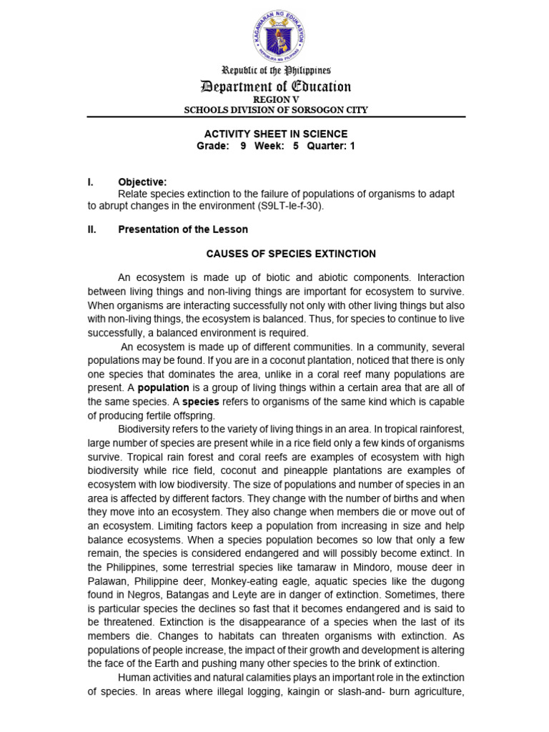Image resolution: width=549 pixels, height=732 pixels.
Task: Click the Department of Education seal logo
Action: click(x=276, y=36)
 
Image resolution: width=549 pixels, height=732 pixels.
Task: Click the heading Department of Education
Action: click(x=276, y=87)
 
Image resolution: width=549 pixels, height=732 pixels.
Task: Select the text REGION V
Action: click(x=276, y=99)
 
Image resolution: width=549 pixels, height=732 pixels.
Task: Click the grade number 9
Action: click(x=243, y=146)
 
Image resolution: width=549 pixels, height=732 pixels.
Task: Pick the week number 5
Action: click(x=295, y=146)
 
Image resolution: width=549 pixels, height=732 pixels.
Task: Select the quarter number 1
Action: click(x=352, y=146)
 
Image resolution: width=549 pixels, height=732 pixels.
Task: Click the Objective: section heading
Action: click(x=142, y=182)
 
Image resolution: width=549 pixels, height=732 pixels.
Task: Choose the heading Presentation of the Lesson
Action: click(x=183, y=229)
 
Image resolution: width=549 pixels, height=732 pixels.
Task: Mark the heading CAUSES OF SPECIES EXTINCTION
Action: click(x=290, y=254)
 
